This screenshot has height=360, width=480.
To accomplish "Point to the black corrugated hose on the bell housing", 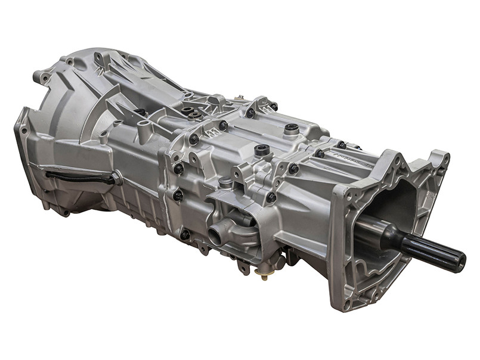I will pyautogui.click(x=78, y=175).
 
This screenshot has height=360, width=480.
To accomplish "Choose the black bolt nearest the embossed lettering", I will pyautogui.click(x=341, y=144).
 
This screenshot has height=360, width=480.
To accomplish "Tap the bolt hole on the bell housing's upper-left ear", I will pyautogui.click(x=45, y=77).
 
